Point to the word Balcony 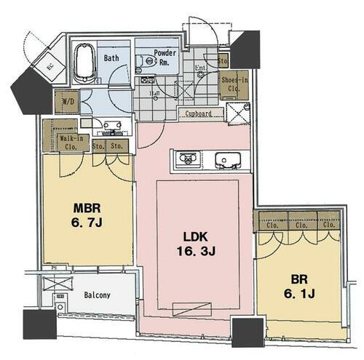(x=95, y=295)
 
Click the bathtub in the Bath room (x=86, y=63)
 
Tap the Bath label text (x=111, y=57)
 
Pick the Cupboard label (x=198, y=113)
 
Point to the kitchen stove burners (x=185, y=159)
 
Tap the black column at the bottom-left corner (x=39, y=324)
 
